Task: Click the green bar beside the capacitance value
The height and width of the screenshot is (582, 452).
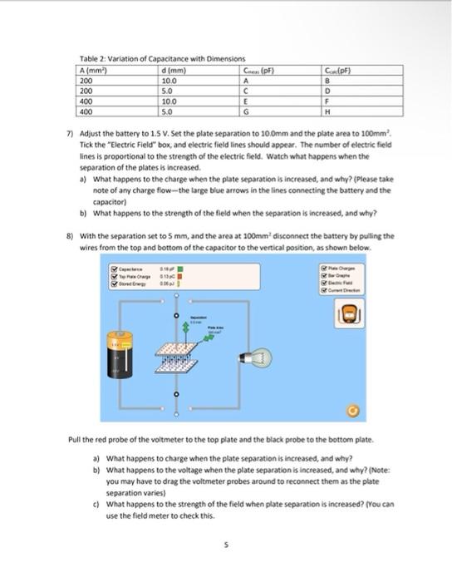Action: tap(192, 269)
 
